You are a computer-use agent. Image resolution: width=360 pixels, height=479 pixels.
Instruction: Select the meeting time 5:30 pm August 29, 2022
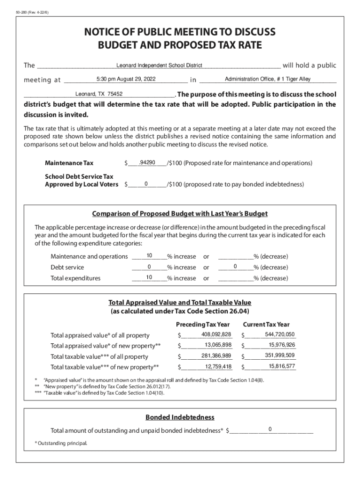(x=126, y=79)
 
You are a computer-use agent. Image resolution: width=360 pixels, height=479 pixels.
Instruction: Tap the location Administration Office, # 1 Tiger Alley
(x=267, y=79)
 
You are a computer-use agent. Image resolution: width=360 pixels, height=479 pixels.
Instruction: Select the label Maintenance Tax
(x=69, y=163)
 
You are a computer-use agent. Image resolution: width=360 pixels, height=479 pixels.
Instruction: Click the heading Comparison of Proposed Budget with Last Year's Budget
(x=180, y=214)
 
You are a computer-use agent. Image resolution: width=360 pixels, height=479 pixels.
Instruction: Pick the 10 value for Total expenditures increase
(x=149, y=278)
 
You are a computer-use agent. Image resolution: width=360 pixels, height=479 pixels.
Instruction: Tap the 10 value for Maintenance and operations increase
(x=149, y=256)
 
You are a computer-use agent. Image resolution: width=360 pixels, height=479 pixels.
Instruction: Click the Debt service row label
(x=67, y=268)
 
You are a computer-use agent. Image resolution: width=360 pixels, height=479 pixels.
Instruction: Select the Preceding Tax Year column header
(x=203, y=324)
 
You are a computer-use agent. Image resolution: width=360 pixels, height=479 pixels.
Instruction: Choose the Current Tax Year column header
(x=266, y=324)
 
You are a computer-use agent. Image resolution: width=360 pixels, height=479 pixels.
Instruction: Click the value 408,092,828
(x=216, y=334)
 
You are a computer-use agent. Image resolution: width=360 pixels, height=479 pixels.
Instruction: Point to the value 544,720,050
(x=280, y=334)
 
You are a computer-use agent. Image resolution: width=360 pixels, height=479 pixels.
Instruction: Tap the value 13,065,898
(x=218, y=345)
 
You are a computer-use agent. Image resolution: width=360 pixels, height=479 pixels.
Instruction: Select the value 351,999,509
(x=280, y=356)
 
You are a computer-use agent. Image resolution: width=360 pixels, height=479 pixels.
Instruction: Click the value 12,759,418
(x=218, y=366)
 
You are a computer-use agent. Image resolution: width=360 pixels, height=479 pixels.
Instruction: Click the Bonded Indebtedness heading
(x=180, y=417)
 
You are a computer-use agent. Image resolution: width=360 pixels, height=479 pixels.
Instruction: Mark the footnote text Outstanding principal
(x=62, y=443)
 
